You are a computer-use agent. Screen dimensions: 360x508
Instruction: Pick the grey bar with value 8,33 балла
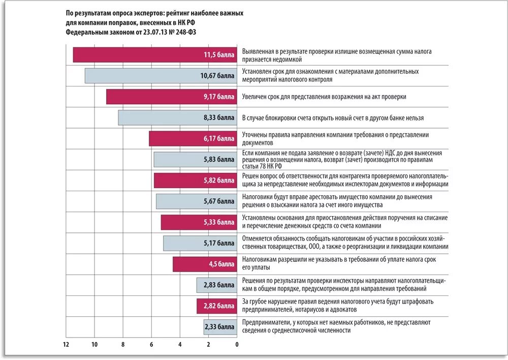click(x=177, y=117)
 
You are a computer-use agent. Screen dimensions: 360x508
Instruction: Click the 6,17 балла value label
click(x=219, y=138)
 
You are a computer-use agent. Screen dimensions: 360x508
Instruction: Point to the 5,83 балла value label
click(x=219, y=160)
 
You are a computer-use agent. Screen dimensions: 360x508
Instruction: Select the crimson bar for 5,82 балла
click(x=195, y=181)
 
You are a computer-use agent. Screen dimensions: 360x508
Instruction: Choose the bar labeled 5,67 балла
click(x=196, y=201)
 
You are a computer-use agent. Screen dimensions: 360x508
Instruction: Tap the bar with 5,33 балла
click(x=199, y=222)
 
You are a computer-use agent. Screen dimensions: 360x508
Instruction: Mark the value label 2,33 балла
click(x=219, y=327)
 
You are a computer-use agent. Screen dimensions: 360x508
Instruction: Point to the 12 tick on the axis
click(x=66, y=345)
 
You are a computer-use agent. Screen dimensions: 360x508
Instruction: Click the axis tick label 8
click(x=122, y=345)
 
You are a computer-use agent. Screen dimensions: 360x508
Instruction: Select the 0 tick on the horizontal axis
click(x=237, y=345)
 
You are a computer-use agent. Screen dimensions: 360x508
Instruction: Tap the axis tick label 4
click(x=180, y=345)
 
